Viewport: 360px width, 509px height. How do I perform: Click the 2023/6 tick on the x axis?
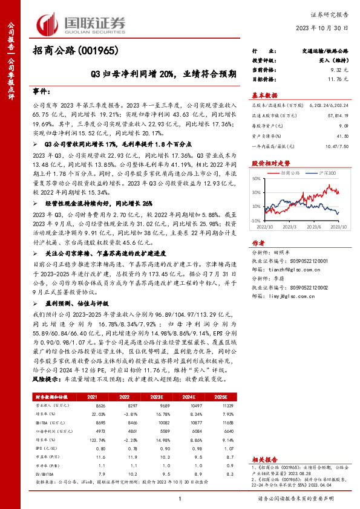(x=312, y=227)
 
